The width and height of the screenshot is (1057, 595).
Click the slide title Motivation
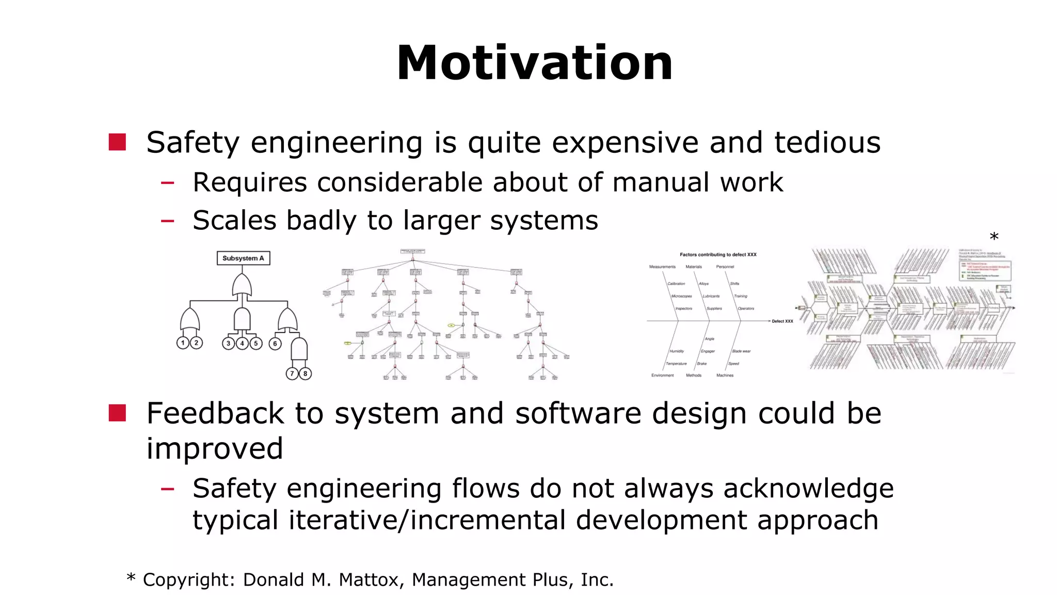(x=534, y=63)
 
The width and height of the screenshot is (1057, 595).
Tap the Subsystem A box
(x=243, y=258)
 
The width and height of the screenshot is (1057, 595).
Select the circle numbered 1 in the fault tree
(x=183, y=343)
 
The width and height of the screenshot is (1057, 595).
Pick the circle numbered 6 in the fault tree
(x=275, y=343)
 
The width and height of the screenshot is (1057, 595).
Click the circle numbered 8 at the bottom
(x=306, y=373)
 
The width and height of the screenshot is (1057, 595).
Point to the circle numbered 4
(x=242, y=343)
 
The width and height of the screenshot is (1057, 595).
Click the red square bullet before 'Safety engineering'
(x=118, y=143)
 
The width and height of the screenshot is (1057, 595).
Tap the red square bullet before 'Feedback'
(x=118, y=413)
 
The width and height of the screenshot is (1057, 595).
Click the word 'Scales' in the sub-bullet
(x=234, y=221)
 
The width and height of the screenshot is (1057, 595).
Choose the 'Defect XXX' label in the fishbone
(x=782, y=321)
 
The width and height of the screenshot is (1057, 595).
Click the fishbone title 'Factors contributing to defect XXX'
(x=718, y=255)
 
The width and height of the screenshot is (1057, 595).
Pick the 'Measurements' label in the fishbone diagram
(x=662, y=267)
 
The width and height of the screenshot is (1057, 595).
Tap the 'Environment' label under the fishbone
(x=662, y=375)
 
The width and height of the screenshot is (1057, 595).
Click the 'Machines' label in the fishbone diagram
(x=725, y=375)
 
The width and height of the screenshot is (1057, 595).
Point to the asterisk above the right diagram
(x=994, y=238)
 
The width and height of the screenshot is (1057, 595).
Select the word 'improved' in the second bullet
(x=215, y=448)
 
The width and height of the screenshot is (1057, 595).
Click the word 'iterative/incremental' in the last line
(x=427, y=520)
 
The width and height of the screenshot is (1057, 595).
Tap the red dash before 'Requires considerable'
(x=167, y=182)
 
